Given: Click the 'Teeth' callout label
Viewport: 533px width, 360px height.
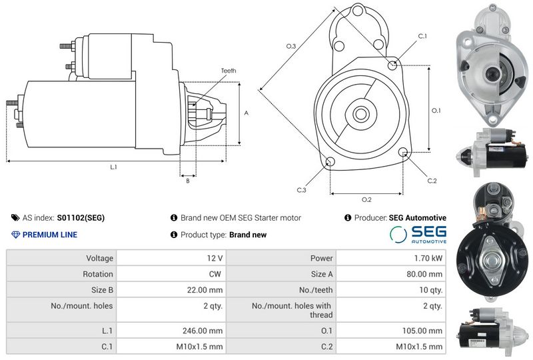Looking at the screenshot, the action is click(229, 71).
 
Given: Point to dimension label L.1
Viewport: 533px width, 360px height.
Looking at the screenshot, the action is click(113, 167).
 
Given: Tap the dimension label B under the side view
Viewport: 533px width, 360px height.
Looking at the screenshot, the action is click(188, 181).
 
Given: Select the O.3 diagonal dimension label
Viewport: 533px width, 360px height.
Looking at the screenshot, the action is click(291, 46).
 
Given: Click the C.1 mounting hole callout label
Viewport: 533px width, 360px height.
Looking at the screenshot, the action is click(422, 36).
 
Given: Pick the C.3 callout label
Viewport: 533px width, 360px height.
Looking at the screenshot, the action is click(302, 190).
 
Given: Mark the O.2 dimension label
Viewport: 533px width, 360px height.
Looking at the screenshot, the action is click(366, 200).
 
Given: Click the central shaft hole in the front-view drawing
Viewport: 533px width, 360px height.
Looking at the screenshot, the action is click(360, 114).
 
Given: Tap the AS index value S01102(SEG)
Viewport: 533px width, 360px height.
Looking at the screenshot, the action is click(81, 218).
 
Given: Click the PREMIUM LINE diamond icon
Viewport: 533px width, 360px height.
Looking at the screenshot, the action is click(15, 235).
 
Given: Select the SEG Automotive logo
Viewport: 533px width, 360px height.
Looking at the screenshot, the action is click(418, 235).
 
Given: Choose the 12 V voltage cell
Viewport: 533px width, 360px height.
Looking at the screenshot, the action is click(215, 258).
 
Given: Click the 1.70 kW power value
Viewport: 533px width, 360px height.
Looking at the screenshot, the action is click(428, 258).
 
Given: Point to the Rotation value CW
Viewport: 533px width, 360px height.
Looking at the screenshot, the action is click(215, 274).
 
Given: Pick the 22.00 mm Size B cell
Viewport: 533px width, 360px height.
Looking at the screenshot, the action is click(205, 290).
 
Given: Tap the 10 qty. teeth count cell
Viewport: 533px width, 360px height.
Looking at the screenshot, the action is click(431, 290).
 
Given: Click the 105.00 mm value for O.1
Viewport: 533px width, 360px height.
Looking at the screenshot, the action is click(422, 331).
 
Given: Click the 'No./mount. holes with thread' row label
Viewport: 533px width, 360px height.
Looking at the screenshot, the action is click(292, 310).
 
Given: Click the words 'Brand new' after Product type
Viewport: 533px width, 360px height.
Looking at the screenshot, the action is click(248, 235).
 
